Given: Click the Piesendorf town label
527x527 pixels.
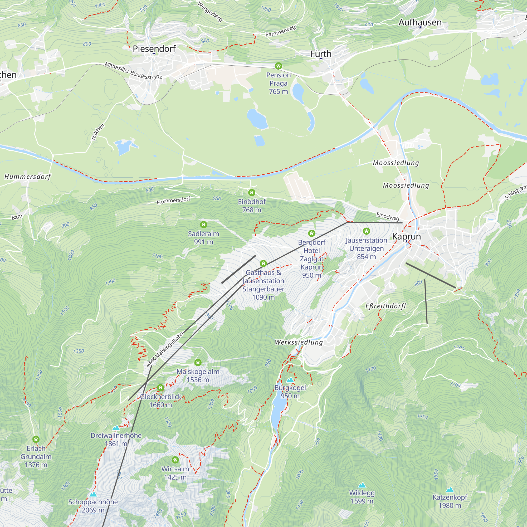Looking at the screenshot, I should (154, 49).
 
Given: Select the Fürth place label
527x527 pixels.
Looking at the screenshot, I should (321, 54).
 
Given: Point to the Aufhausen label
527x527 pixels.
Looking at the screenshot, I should (420, 22).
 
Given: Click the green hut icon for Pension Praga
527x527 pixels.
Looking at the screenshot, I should (278, 66).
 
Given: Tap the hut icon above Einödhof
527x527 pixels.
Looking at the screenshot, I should (251, 193).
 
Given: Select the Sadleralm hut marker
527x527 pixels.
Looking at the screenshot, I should (203, 225).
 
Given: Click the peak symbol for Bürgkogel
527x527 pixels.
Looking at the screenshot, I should (290, 380).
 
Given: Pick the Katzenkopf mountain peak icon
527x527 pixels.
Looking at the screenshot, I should (450, 490).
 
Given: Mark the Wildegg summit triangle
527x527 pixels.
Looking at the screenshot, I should (362, 485).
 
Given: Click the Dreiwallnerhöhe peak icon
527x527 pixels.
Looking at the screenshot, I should (116, 428).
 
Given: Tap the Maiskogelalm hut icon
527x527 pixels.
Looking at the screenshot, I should (198, 363).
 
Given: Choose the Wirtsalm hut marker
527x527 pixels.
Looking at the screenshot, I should (175, 460).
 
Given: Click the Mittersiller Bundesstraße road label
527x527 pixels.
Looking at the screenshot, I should (134, 71).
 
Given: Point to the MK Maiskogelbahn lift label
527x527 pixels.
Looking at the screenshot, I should (165, 348).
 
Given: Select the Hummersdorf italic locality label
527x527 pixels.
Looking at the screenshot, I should (28, 177).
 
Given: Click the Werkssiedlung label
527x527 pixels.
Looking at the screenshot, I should (299, 342).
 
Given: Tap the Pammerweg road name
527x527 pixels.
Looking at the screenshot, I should (280, 31).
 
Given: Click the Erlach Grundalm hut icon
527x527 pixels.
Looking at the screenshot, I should (36, 440).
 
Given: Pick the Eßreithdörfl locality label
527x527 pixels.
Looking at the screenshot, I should (386, 306).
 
